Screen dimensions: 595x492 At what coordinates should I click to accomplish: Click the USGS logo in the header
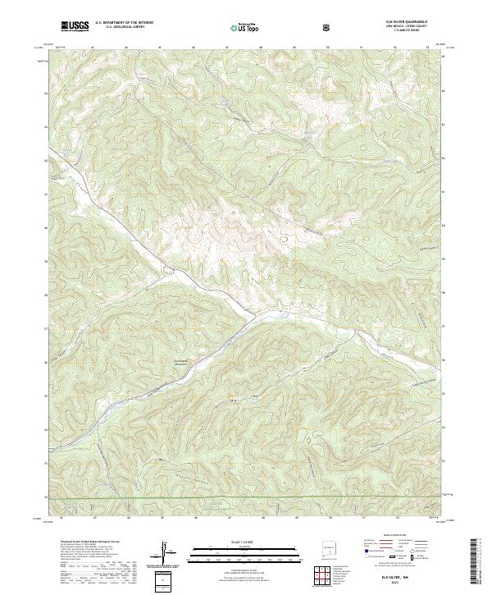point(75,25)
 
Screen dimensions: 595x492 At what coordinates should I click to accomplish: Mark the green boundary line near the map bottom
point(246,497)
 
